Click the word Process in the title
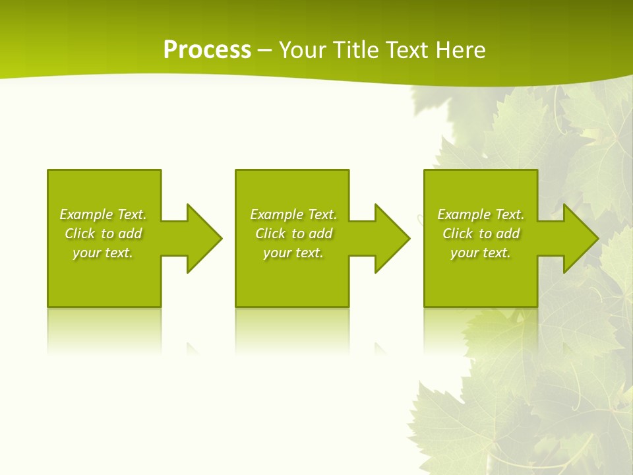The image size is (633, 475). [207, 50]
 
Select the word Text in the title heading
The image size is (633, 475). [407, 50]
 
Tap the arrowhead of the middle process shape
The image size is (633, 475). [391, 238]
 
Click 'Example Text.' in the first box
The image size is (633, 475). [103, 214]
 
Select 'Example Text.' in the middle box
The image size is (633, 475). [293, 214]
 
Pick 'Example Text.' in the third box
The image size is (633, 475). [481, 214]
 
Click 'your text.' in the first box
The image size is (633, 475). [103, 253]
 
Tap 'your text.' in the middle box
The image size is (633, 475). [293, 253]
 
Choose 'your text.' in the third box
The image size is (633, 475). [481, 253]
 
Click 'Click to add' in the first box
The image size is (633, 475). [103, 234]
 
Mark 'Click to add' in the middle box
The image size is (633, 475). [293, 234]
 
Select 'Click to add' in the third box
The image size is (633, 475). [481, 234]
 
